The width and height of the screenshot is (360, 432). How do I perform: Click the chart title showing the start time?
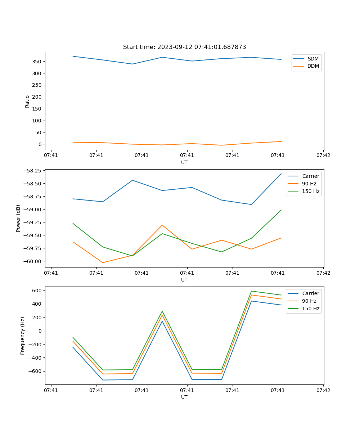[184, 47]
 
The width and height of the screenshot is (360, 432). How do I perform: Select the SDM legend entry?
[313, 59]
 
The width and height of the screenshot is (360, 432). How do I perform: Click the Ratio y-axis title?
[27, 101]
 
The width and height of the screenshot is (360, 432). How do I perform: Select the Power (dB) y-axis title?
[18, 218]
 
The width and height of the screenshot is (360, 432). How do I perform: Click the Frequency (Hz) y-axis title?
[23, 336]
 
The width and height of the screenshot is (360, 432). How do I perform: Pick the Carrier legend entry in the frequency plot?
[310, 293]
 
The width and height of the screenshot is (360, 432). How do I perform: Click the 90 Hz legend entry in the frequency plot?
[309, 301]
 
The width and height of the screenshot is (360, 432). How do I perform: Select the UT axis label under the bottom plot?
[184, 397]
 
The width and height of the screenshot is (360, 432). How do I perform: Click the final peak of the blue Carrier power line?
[281, 174]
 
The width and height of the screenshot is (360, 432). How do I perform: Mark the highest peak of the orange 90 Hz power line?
[162, 225]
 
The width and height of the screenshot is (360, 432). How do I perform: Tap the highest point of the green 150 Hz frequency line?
[251, 291]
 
